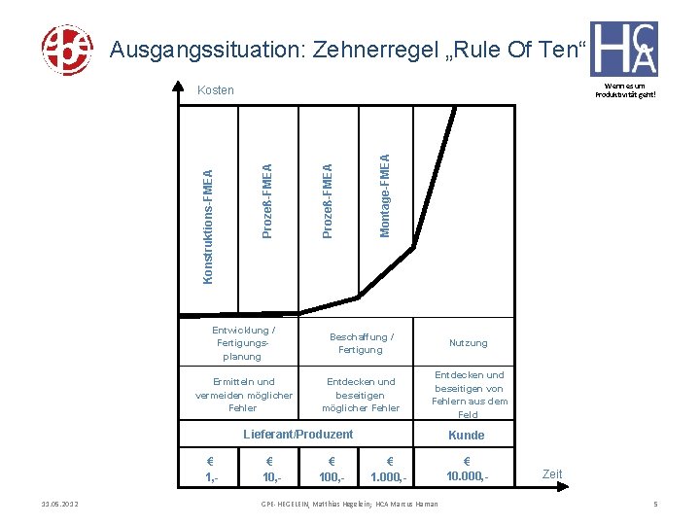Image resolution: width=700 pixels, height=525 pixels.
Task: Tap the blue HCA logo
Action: click(x=623, y=49)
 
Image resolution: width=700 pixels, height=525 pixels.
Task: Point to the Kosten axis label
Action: click(x=216, y=90)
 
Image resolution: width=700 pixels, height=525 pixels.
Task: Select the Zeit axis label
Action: click(x=552, y=474)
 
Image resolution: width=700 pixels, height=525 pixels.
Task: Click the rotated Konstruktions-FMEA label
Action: click(x=207, y=227)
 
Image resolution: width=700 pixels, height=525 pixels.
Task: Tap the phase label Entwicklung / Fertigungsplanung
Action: click(x=243, y=343)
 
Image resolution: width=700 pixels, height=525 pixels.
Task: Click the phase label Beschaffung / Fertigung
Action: click(x=362, y=343)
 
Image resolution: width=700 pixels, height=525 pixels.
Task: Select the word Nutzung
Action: click(x=469, y=343)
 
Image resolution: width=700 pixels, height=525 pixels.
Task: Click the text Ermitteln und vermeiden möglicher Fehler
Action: click(x=243, y=395)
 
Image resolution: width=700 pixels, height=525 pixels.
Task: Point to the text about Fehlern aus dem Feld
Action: click(x=470, y=395)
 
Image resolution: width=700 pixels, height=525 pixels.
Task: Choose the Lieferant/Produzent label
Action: click(x=297, y=434)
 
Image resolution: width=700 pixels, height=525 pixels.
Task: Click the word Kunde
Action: click(x=466, y=435)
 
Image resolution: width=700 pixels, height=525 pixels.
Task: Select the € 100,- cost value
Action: click(x=332, y=469)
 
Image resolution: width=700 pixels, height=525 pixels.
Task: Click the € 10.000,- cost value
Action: click(x=467, y=469)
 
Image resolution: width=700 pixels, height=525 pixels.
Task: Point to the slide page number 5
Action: click(x=656, y=504)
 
